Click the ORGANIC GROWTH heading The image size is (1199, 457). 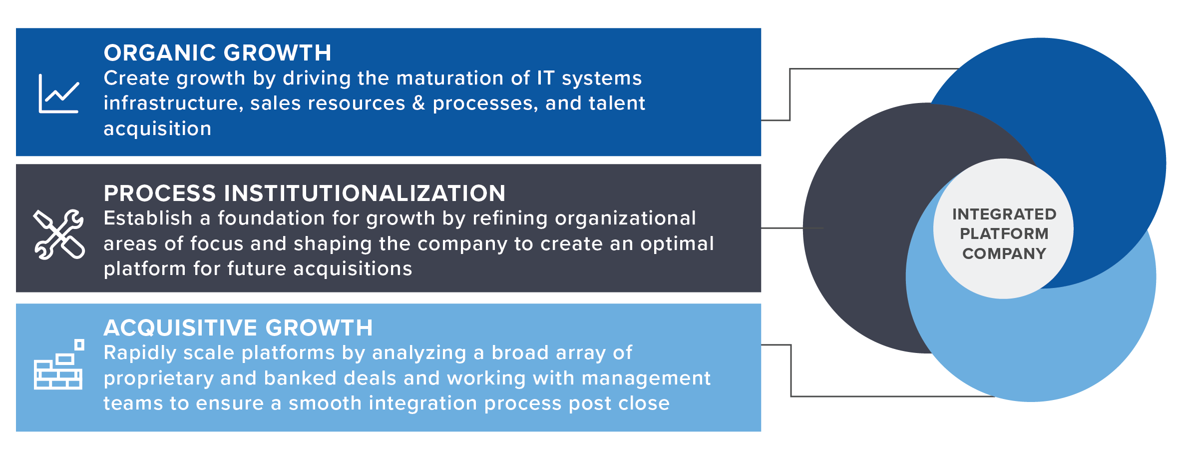[217, 53]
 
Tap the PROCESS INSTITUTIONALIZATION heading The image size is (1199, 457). [305, 193]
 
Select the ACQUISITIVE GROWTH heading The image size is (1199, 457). [238, 328]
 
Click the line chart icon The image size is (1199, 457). [59, 93]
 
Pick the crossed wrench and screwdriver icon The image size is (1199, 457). [59, 234]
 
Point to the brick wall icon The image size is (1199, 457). [59, 364]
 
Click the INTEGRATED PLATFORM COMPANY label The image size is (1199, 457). [1004, 234]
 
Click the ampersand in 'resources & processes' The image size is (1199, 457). [418, 103]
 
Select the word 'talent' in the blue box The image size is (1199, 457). [617, 103]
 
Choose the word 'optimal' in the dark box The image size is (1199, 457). [677, 244]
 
